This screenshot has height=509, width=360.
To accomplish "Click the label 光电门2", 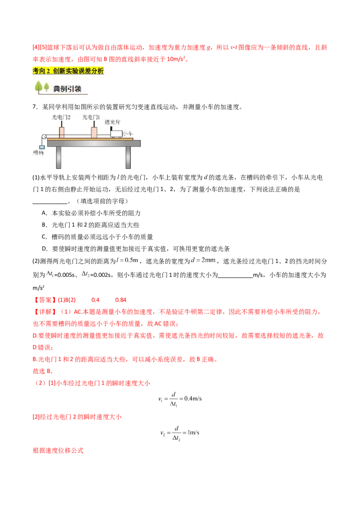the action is pos(61,117).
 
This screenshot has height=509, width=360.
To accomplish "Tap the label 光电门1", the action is pos(91,117).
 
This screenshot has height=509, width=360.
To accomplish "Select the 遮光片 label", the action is pos(112,122).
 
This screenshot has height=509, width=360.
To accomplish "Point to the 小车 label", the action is pos(128,134).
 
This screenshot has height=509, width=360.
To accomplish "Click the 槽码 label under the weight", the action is pos(38,153).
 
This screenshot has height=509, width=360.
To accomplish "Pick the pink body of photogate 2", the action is pos(61,132).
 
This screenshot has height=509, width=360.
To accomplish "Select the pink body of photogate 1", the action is pos(94,132).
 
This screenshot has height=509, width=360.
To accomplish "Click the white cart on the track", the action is pos(116,134).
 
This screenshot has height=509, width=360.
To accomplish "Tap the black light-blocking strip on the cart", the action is pos(111,129).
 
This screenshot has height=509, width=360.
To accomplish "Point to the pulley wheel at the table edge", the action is pos(44,137).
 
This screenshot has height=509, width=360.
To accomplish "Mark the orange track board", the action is pos(90,139).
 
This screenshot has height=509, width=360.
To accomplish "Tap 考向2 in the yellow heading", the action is pos(41,71).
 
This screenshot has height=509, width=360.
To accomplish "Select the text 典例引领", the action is pos(67,89).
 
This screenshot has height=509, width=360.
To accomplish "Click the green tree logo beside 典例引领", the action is pos(42,87).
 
